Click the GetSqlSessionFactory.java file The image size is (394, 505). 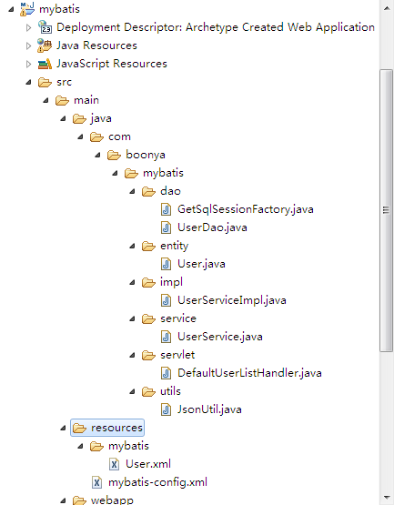click(x=246, y=209)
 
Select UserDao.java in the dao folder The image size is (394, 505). click(x=212, y=227)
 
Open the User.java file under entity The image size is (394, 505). click(x=201, y=264)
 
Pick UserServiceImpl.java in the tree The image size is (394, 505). click(x=232, y=300)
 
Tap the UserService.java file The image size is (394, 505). click(x=220, y=337)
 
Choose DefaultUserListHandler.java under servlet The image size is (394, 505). click(x=249, y=373)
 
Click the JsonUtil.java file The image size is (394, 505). click(x=209, y=409)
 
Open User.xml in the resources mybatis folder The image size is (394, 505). click(x=148, y=464)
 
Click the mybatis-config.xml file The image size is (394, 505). click(x=157, y=482)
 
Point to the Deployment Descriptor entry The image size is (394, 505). click(x=216, y=27)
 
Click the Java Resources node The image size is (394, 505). click(x=97, y=45)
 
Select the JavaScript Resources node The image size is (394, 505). click(x=112, y=64)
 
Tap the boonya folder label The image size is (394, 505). click(x=146, y=155)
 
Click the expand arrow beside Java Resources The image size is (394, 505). click(x=29, y=45)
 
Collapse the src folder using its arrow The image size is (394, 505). click(x=29, y=83)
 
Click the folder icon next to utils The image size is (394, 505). click(x=148, y=391)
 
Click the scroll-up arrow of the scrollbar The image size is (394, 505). click(x=387, y=8)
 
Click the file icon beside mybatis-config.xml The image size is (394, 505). click(x=96, y=482)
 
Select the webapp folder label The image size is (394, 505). click(x=112, y=500)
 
